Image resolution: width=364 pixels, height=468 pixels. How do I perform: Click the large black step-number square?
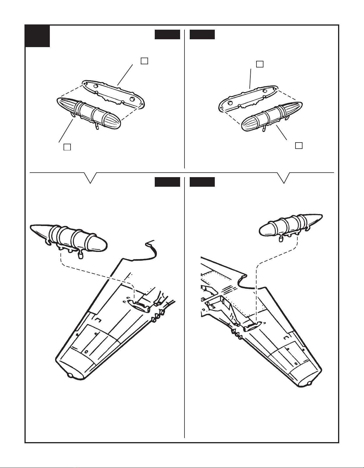coord(37,36)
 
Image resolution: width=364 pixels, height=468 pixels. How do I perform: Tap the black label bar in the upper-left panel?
coord(167,34)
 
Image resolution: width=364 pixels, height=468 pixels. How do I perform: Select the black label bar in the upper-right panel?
coord(202,34)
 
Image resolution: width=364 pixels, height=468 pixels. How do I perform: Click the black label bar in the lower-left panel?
coord(167,182)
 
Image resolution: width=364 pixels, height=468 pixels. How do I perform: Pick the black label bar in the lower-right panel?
coord(202,182)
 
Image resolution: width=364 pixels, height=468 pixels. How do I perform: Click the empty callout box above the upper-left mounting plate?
coord(144,61)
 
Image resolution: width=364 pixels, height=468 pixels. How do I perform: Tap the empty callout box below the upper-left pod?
coord(67,147)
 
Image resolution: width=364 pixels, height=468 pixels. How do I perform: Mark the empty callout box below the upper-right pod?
coord(298,145)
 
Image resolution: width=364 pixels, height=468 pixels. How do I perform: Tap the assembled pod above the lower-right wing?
coord(290,225)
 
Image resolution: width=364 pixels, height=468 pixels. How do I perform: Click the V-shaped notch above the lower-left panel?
coord(91,178)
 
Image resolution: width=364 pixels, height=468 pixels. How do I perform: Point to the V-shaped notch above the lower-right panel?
coord(284,178)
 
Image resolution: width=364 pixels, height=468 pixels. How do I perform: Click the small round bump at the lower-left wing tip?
coord(71,376)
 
